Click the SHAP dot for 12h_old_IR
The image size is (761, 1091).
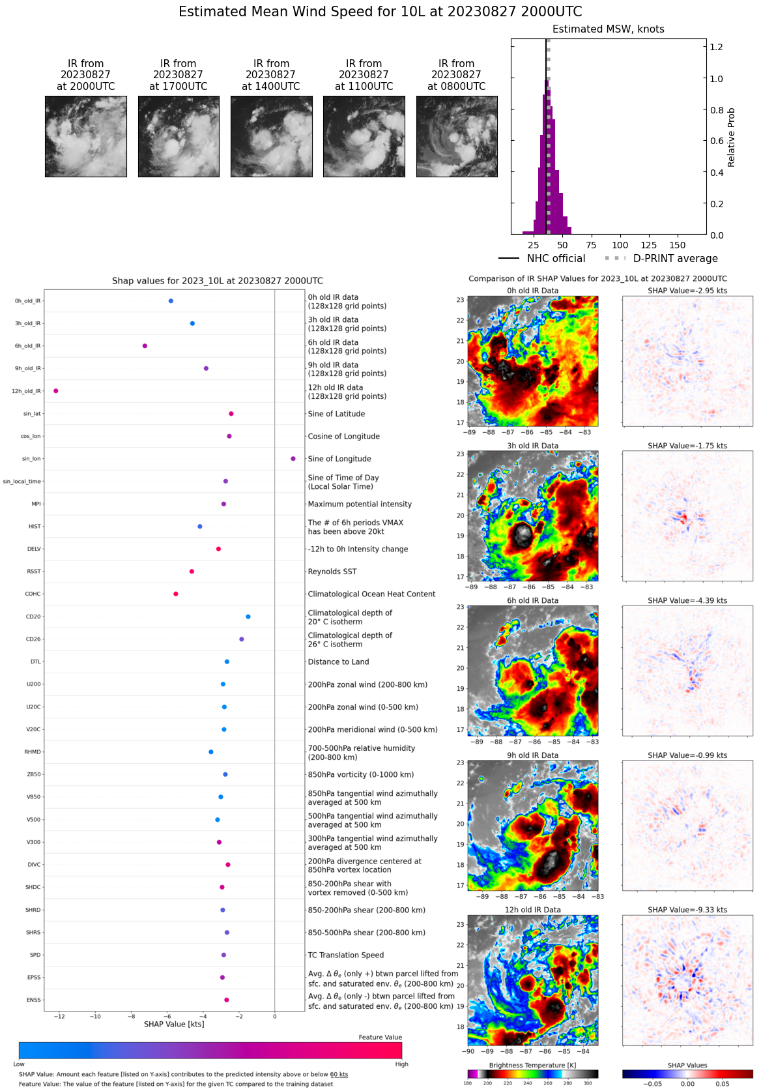[56, 391]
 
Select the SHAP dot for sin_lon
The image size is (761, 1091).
[293, 459]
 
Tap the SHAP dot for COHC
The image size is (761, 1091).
[176, 594]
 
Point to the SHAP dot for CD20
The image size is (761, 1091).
[248, 617]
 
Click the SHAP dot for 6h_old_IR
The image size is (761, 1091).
[145, 346]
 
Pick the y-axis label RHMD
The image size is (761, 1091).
[33, 752]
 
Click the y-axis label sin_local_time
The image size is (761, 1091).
[22, 482]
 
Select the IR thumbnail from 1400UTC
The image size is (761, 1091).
[271, 136]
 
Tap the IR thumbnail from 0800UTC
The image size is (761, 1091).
[457, 136]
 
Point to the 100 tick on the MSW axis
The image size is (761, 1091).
[620, 245]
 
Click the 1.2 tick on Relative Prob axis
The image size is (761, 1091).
[716, 47]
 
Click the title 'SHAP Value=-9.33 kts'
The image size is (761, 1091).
[687, 910]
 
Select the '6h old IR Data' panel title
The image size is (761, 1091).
[532, 601]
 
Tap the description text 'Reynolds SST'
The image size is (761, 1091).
[332, 572]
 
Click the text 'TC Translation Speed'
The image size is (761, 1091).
[345, 955]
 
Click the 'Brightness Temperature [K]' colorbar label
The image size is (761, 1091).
[532, 1065]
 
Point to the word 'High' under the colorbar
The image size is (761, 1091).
[401, 1064]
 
